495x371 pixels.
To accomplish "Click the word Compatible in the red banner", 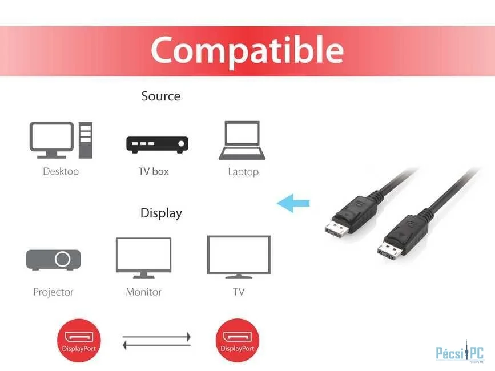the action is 247,50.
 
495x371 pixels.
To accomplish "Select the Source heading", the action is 161,96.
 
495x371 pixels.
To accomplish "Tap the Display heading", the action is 162,213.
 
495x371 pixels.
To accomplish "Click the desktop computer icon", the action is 61,140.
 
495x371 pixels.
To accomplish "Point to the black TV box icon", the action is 157,144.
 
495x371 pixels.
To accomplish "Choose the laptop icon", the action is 242,140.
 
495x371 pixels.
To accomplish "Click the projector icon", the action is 53,260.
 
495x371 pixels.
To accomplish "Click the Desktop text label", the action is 61,172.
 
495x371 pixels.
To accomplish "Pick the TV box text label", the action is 154,171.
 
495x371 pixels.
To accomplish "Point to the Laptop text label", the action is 243,172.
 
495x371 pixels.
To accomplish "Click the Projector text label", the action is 53,292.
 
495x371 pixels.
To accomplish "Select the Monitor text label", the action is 144,292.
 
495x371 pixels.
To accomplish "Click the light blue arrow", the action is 293,203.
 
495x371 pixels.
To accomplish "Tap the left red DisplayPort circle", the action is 79,341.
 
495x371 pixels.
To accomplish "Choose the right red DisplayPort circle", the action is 238,341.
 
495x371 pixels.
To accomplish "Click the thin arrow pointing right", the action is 156,337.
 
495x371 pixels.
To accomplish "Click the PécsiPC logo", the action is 460,352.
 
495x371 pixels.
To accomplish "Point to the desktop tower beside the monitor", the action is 86,140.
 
